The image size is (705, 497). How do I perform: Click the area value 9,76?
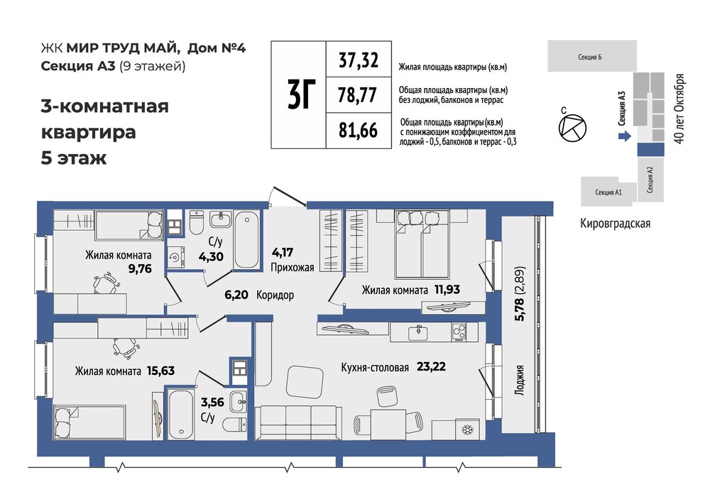[140, 269]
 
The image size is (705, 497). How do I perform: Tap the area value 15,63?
[160, 371]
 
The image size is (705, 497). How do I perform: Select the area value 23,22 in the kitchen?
[431, 366]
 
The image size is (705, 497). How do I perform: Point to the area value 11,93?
[447, 289]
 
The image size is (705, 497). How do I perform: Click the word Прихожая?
[292, 268]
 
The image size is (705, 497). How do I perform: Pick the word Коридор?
[275, 295]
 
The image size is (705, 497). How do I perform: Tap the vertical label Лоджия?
[520, 380]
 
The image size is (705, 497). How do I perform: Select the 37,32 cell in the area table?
[359, 60]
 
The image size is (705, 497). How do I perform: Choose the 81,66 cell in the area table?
[359, 131]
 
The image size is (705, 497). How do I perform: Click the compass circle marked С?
[572, 129]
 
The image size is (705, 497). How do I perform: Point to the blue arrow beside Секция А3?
[625, 136]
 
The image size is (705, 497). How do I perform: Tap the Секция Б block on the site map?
[591, 56]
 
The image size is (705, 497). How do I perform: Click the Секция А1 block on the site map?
[608, 192]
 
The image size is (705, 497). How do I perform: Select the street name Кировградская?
[615, 224]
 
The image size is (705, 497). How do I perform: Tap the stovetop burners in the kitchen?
[459, 333]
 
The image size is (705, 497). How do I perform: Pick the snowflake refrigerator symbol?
[468, 430]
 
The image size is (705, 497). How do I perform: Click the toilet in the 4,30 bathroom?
[197, 222]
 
